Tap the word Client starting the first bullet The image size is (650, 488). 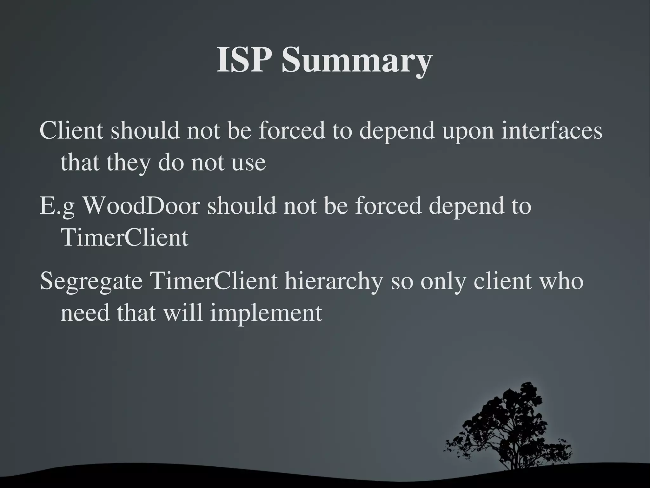[71, 130]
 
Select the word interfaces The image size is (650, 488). [552, 130]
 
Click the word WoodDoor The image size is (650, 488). [142, 206]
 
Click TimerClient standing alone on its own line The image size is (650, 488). [124, 238]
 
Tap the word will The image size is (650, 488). [183, 313]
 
